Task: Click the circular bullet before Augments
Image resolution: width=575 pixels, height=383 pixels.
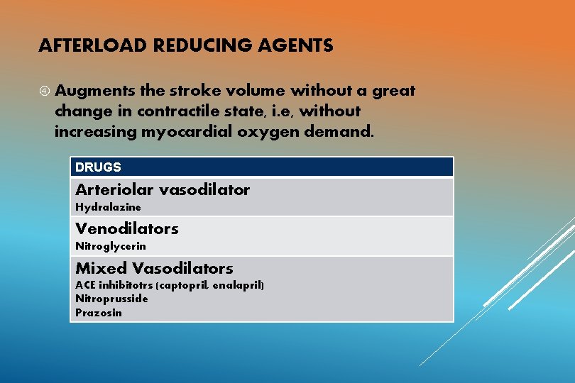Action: click(44, 91)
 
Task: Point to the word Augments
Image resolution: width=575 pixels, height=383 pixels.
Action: click(91, 91)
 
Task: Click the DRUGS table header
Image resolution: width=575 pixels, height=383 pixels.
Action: click(98, 167)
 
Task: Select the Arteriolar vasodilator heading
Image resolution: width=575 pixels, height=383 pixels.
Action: click(163, 190)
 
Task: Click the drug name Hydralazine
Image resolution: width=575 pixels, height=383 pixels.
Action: click(108, 207)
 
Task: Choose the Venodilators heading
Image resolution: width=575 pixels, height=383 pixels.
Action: click(126, 229)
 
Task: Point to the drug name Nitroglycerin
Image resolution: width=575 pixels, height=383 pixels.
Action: click(110, 246)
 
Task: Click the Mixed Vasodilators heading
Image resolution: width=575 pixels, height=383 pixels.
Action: click(154, 268)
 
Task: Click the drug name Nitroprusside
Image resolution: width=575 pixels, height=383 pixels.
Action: click(111, 299)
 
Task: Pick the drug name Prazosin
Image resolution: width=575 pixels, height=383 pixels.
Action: click(98, 313)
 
